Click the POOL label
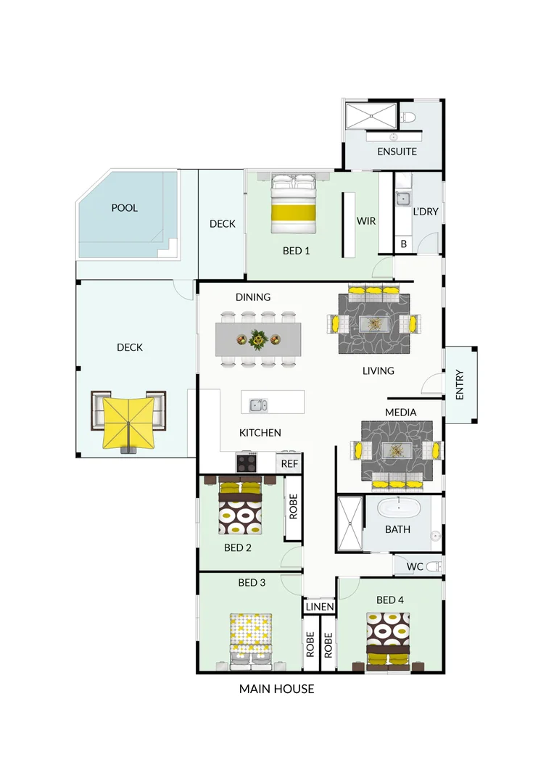tap(124, 208)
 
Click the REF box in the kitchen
tap(289, 463)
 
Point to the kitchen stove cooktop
tap(247, 461)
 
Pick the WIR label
tap(365, 220)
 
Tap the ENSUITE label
tap(397, 152)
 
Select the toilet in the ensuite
tap(408, 117)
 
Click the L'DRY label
tap(426, 212)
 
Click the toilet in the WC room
tap(433, 566)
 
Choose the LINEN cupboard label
tap(319, 607)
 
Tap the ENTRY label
tap(460, 385)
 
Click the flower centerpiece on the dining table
tap(257, 339)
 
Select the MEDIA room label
tap(401, 413)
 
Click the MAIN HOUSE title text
tap(276, 689)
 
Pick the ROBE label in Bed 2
tap(294, 507)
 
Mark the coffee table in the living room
tap(373, 323)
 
